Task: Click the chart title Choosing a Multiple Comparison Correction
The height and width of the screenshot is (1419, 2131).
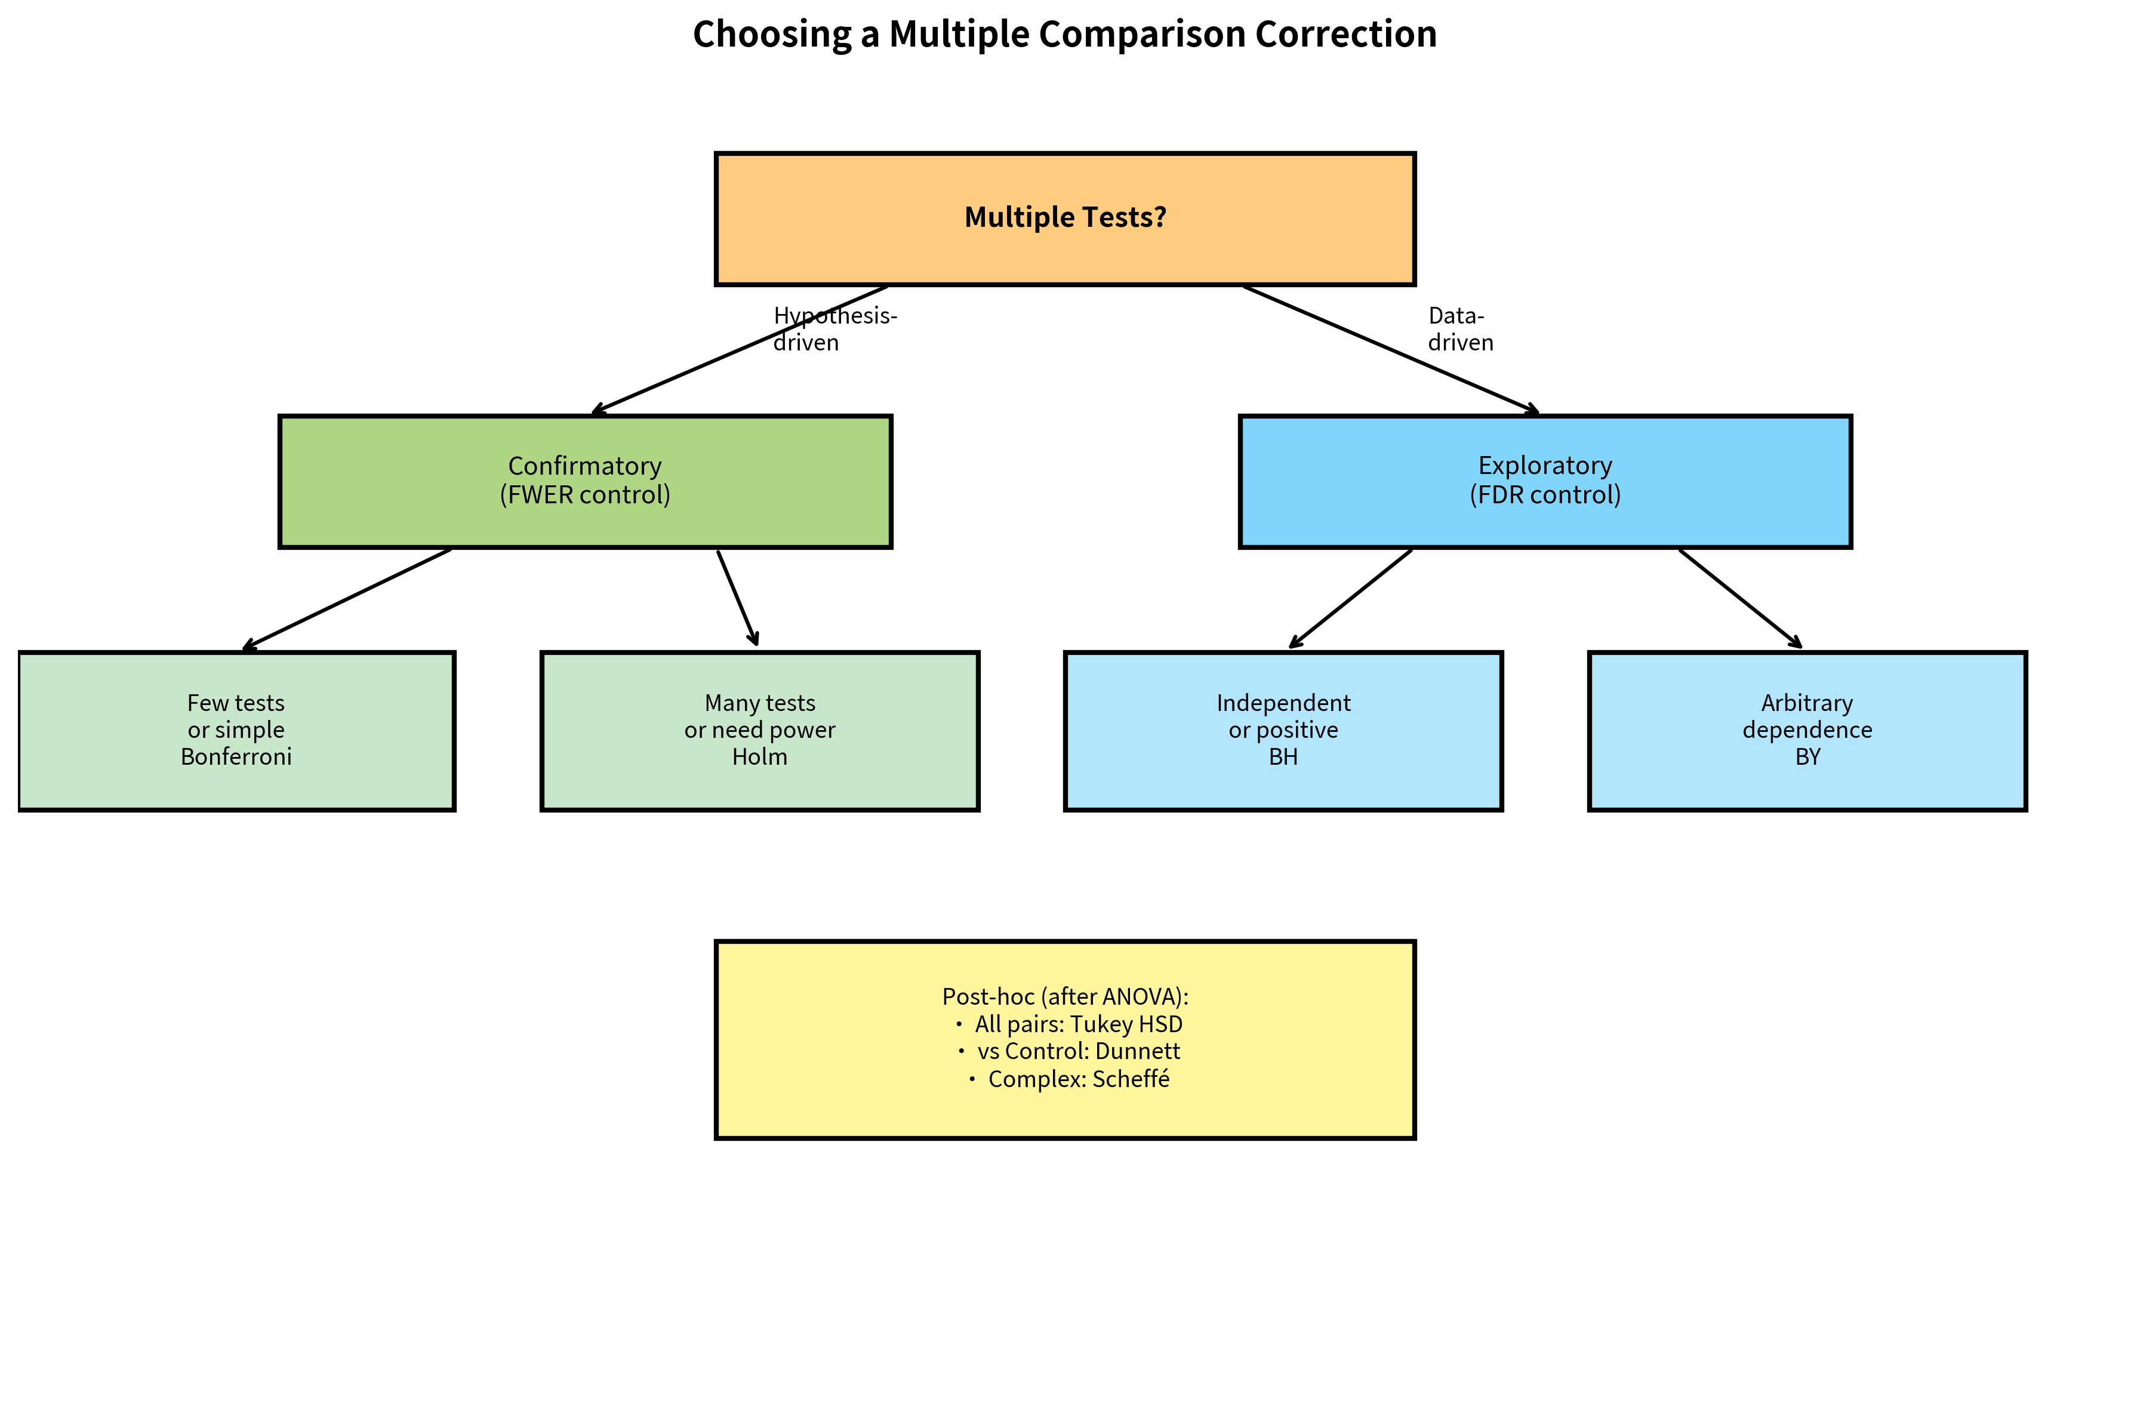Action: [x=1064, y=35]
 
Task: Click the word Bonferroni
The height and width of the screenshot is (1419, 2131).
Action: [x=236, y=756]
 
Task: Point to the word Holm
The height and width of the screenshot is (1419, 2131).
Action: [x=759, y=756]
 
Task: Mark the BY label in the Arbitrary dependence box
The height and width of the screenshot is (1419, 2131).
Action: [x=1806, y=756]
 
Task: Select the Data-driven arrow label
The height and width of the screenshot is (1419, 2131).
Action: [x=1459, y=328]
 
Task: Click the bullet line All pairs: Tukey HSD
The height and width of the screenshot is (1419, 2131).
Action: [x=1077, y=1024]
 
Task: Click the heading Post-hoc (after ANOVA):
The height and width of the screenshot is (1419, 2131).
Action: [x=1064, y=996]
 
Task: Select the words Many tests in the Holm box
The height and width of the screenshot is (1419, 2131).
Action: [x=759, y=703]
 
